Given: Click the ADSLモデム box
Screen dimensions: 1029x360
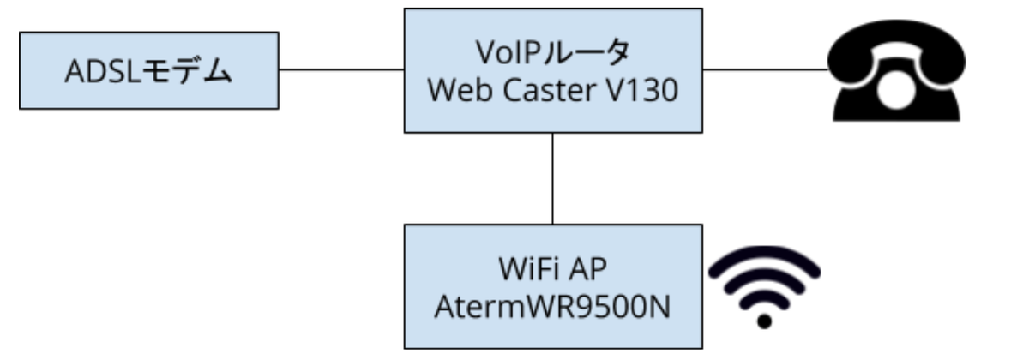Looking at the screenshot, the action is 149,70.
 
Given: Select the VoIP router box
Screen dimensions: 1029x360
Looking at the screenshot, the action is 553,70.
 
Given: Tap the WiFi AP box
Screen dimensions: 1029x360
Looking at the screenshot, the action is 553,286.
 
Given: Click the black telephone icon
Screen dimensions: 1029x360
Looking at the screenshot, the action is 896,70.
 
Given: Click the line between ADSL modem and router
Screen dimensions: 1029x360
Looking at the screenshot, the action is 341,69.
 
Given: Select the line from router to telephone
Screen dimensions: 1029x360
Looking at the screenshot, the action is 765,69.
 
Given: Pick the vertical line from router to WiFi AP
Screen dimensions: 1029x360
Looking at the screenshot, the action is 552,178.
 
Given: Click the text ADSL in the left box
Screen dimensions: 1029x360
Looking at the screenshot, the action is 102,72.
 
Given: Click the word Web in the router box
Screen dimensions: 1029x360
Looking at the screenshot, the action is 461,90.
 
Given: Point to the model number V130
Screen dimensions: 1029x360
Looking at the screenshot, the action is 642,90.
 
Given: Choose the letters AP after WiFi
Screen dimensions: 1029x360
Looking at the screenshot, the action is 588,269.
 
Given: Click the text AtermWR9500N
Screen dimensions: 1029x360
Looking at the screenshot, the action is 552,307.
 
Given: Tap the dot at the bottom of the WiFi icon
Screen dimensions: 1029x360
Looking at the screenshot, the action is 764,321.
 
